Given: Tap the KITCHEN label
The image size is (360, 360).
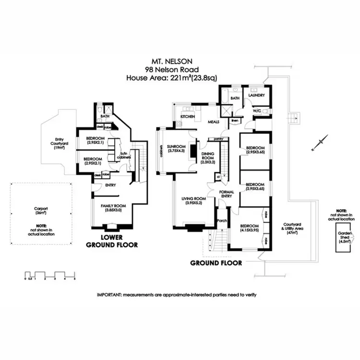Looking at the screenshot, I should [187, 117].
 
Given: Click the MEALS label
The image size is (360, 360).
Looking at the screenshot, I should [213, 122].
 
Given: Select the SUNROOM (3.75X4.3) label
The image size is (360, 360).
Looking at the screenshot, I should [176, 149].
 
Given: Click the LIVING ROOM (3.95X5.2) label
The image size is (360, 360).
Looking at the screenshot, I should [193, 200].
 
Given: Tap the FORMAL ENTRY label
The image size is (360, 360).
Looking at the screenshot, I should [226, 193].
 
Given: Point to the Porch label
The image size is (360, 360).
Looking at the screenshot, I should [222, 221].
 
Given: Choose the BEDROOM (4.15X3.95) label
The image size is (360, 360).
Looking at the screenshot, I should [249, 228].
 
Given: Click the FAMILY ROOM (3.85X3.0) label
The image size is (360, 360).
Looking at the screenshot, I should [111, 207].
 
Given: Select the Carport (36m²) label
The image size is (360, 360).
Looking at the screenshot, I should [40, 212].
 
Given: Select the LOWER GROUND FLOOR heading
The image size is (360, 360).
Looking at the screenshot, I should [111, 241].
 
